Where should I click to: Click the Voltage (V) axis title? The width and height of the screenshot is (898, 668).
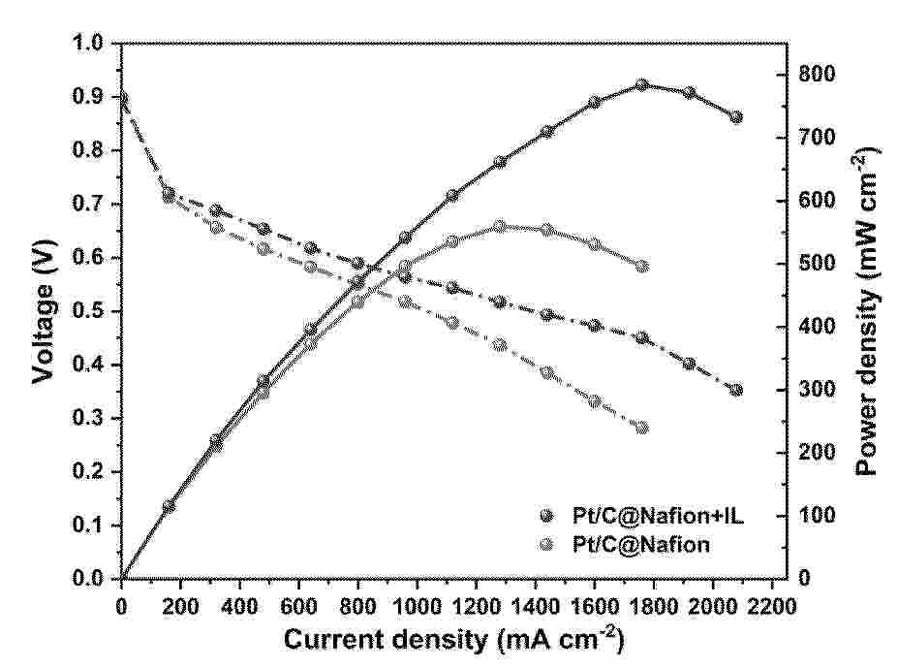42,308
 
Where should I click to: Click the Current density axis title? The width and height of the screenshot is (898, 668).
453,640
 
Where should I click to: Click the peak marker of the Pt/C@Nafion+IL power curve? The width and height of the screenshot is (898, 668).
642,85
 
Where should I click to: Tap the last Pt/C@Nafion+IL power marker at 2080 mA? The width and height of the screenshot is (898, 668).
736,117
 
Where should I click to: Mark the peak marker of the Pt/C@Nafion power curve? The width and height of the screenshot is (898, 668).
500,226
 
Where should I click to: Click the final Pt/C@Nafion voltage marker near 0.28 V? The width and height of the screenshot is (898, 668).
642,428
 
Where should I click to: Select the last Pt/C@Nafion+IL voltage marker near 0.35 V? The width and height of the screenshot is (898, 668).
736,390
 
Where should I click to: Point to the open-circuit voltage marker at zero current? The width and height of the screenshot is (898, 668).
122,97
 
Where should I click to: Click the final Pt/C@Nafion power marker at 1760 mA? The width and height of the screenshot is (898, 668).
642,266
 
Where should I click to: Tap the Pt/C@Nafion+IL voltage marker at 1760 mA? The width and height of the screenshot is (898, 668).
642,337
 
